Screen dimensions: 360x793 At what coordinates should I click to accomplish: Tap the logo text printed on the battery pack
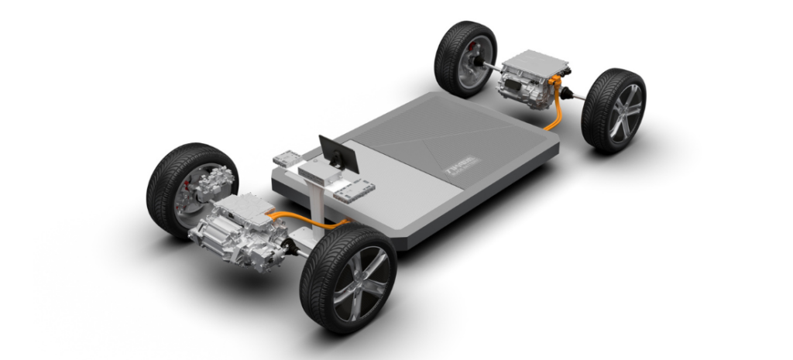pos(462,164)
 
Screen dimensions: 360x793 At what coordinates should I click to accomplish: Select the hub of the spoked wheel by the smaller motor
pos(620,115)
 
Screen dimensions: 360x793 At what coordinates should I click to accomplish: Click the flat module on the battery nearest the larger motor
pos(286,158)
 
